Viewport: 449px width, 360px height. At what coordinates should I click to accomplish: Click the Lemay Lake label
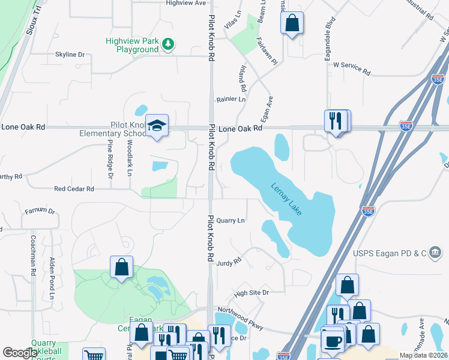286,199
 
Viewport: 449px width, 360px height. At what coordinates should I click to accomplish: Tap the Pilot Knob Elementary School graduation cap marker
157,125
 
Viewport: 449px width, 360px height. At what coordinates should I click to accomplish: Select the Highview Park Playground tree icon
169,43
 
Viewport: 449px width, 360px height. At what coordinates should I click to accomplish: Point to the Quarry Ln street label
231,221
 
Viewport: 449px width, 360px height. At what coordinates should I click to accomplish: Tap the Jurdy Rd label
229,262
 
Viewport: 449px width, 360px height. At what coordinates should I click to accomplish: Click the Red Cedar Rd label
74,189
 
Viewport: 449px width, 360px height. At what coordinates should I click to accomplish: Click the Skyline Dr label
70,55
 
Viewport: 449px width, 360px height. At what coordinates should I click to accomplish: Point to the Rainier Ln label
231,99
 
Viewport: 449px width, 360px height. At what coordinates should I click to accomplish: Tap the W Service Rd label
352,68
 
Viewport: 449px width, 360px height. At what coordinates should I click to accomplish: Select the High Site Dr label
252,293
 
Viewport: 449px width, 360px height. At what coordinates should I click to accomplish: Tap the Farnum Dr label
40,212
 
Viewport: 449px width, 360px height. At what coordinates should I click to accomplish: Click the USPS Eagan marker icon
435,253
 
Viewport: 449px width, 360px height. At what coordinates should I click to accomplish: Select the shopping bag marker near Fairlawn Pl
292,23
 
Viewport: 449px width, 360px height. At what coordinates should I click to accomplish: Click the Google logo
20,353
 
